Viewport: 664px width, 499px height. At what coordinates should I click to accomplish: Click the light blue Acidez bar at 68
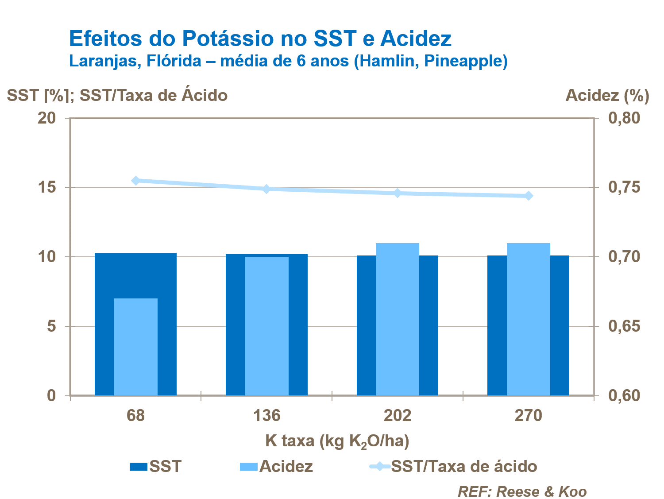tap(135, 347)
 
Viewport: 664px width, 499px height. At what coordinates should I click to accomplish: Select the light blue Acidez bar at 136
tap(266, 326)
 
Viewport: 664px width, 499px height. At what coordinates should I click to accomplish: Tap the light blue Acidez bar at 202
tap(398, 319)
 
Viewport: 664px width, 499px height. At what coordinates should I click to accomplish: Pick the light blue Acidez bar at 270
tap(528, 319)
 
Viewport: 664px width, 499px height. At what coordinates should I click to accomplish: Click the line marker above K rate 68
tap(136, 181)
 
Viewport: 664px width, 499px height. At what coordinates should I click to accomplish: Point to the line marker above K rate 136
tap(266, 189)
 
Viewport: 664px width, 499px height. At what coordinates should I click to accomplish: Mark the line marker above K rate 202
tap(398, 193)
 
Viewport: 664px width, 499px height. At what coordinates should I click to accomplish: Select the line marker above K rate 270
tap(528, 196)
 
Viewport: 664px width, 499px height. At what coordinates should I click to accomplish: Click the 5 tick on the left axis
tap(51, 326)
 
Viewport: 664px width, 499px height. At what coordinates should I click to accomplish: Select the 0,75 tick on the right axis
tap(624, 187)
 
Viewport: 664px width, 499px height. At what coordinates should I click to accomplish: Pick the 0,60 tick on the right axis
tap(624, 395)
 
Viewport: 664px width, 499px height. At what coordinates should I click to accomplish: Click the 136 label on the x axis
tap(266, 416)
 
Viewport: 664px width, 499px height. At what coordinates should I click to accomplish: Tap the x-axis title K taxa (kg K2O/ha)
tap(337, 441)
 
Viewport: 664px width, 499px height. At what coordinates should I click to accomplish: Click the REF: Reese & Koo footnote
tap(522, 491)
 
